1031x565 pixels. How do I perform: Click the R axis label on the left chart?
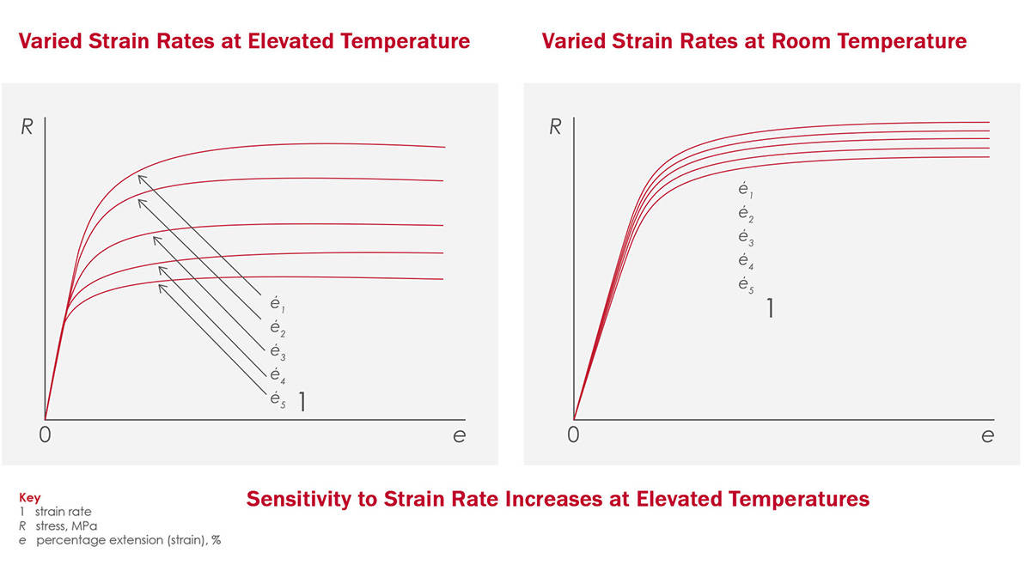27,127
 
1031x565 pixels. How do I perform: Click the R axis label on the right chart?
555,127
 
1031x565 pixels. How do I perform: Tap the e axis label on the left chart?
459,435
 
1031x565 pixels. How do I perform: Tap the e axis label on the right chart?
987,435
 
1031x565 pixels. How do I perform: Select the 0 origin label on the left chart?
45,435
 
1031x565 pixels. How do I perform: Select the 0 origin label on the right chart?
573,435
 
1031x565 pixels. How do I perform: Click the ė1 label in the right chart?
745,191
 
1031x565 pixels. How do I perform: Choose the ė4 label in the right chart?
745,261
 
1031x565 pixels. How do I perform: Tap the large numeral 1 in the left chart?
302,401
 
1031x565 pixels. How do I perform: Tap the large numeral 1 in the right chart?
770,307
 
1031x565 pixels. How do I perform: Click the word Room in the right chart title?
778,41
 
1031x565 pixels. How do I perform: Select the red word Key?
29,497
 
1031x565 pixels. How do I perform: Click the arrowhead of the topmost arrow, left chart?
139,176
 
